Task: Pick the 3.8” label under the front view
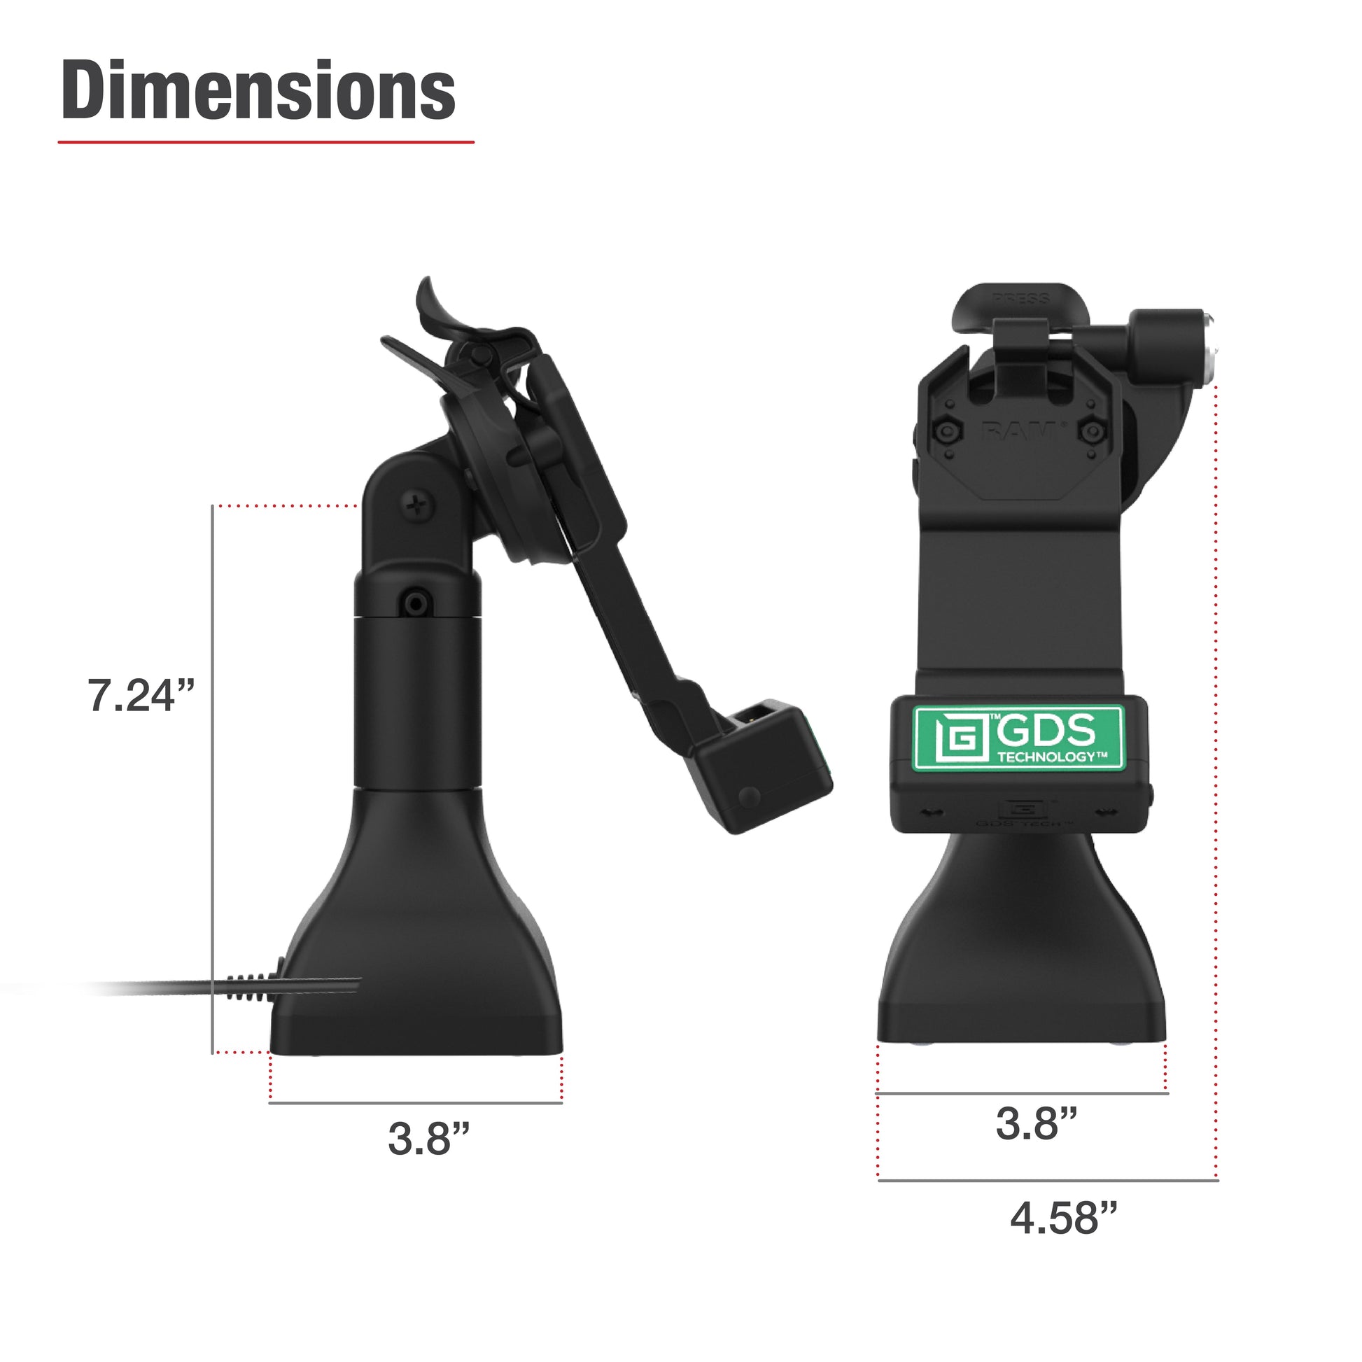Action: [1036, 1124]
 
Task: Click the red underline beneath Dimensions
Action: [266, 142]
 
